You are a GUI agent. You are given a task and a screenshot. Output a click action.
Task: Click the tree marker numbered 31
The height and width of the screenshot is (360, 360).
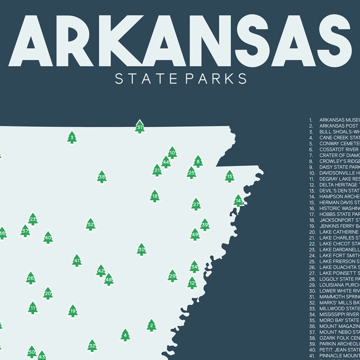pyautogui.click(x=140, y=127)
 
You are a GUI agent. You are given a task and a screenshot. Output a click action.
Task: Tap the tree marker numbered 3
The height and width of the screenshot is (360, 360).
pyautogui.click(x=72, y=137)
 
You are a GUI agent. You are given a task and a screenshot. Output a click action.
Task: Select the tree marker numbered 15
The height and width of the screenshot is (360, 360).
pyautogui.click(x=230, y=176)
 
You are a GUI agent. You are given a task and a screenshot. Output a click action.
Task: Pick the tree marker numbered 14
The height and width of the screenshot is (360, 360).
pyautogui.click(x=238, y=200)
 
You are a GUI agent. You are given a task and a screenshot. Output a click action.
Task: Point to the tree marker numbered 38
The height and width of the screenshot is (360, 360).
pyautogui.click(x=102, y=177)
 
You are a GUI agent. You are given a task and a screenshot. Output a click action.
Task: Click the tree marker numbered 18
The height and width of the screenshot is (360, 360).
pyautogui.click(x=155, y=196)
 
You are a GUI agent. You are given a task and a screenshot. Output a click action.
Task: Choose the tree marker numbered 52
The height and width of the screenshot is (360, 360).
pyautogui.click(x=91, y=224)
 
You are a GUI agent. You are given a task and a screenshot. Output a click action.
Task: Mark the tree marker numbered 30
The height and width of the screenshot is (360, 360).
pyautogui.click(x=141, y=249)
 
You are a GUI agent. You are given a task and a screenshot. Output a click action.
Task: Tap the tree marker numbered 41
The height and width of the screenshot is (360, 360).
pyautogui.click(x=77, y=260)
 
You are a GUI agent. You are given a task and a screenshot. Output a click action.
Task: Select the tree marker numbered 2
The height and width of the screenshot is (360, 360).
pyautogui.click(x=151, y=325)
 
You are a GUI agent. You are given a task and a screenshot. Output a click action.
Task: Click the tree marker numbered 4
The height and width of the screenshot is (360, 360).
pyautogui.click(x=126, y=335)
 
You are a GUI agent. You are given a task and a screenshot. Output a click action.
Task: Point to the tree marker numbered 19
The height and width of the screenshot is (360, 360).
pyautogui.click(x=73, y=311)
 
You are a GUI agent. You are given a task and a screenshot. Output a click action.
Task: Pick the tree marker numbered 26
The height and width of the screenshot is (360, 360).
pyautogui.click(x=30, y=278)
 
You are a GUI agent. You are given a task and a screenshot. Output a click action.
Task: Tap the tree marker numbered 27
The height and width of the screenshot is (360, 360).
pyautogui.click(x=196, y=204)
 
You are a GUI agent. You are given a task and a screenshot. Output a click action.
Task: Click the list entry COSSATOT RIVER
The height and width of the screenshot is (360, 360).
pyautogui.click(x=339, y=149)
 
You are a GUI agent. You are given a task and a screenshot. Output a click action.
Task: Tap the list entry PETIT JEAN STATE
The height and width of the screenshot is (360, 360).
pyautogui.click(x=339, y=350)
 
